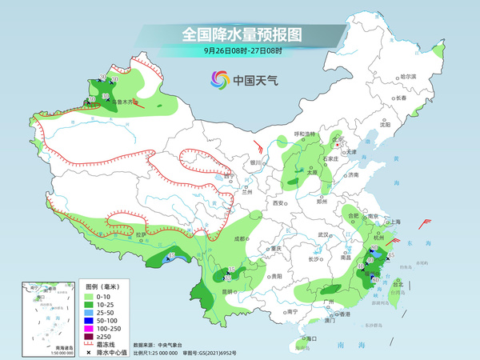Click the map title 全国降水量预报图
[x=241, y=35]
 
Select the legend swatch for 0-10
[x=91, y=297]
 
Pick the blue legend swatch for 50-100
[x=91, y=318]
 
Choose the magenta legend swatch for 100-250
[x=91, y=329]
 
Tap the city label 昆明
[x=230, y=292]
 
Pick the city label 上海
[x=394, y=222]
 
